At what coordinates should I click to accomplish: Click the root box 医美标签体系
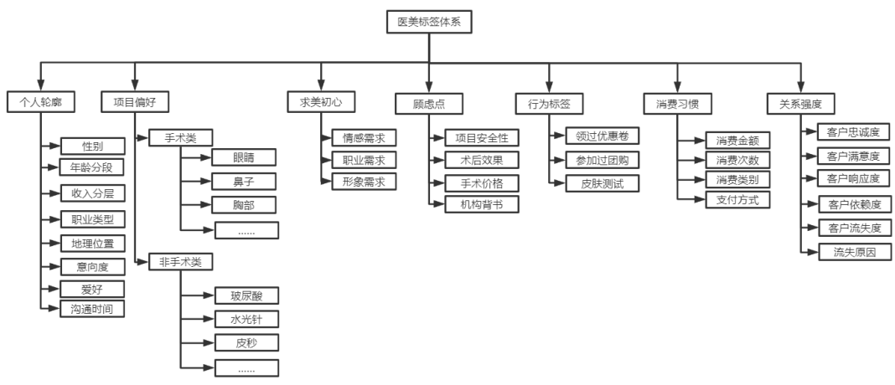point(430,23)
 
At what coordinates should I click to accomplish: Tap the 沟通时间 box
point(92,309)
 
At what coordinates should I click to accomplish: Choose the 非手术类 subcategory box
point(180,262)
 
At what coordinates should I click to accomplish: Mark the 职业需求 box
point(364,159)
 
